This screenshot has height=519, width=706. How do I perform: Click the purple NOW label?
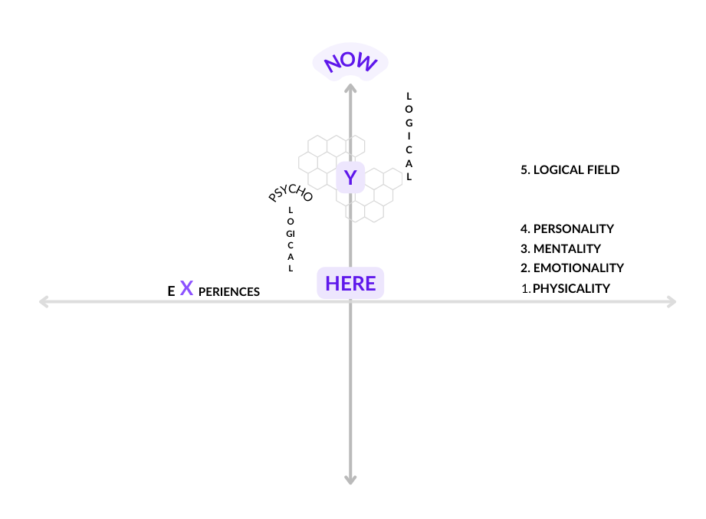click(350, 62)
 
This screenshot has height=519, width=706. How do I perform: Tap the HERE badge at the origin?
click(350, 283)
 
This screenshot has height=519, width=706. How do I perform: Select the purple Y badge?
click(350, 177)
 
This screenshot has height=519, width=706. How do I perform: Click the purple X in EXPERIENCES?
click(186, 288)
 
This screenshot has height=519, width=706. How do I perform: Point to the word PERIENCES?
click(228, 291)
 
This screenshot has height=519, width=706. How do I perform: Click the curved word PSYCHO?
click(291, 192)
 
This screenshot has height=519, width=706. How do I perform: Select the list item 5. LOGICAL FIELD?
click(570, 169)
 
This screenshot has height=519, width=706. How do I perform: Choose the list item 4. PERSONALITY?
click(567, 228)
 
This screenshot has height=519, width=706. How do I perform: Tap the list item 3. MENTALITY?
click(560, 248)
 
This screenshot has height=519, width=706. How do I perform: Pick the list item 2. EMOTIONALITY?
click(572, 268)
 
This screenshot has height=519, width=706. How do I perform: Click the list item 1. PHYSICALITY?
click(566, 288)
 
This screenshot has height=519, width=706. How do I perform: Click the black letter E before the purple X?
click(171, 291)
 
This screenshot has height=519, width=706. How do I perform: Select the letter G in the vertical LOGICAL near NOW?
click(409, 123)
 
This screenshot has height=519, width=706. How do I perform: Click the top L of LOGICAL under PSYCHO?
click(291, 210)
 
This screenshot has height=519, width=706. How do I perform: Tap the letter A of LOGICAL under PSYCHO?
click(291, 257)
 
